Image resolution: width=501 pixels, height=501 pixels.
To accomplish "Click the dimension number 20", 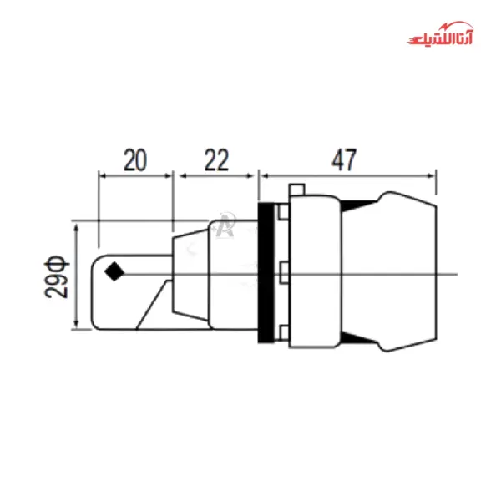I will (x=136, y=160).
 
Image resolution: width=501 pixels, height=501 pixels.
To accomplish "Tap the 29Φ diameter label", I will (x=58, y=276).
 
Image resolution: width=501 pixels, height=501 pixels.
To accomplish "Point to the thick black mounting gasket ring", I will (x=266, y=273).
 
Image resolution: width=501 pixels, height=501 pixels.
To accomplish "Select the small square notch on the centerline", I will (x=286, y=273).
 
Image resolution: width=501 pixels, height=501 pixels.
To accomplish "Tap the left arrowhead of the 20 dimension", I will (x=102, y=175).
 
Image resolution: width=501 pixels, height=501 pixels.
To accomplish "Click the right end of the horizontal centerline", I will (x=456, y=275).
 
